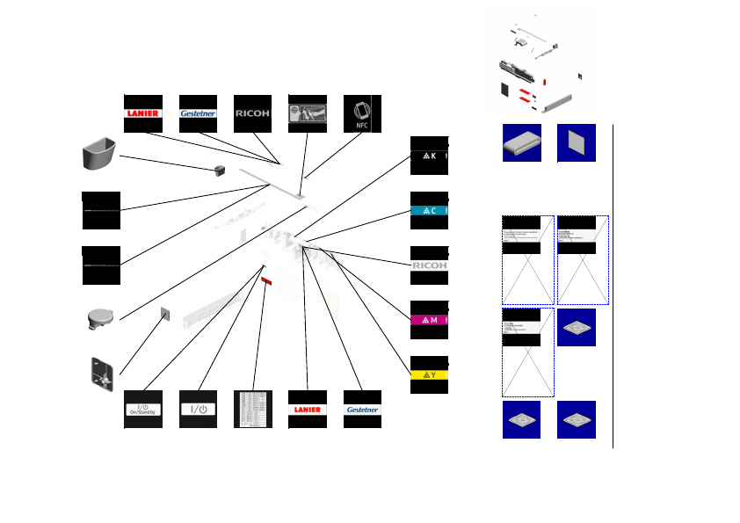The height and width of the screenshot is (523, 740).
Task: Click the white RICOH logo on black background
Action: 252,113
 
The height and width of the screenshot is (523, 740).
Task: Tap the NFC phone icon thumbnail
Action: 361,113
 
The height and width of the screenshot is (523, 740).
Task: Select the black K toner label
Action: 430,156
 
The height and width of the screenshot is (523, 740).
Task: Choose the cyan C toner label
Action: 430,210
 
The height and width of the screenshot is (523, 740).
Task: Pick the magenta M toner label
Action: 430,320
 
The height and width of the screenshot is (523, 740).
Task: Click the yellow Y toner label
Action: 430,375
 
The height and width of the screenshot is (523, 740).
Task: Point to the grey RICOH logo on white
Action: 430,265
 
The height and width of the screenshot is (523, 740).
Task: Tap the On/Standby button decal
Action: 143,409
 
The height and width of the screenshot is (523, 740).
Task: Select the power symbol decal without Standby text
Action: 198,409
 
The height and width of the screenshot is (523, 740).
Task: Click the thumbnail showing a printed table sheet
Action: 252,409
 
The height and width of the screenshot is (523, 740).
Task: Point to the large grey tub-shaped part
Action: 99,156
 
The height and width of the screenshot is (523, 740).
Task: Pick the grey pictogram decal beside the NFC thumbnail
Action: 307,113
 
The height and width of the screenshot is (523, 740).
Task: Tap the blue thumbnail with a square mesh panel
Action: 577,142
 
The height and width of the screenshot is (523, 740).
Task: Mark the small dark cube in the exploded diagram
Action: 221,169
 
